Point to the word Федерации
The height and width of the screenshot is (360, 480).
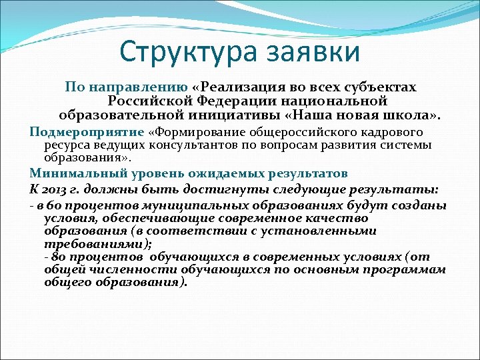[x=234, y=101]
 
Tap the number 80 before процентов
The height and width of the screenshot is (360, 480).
[x=61, y=257]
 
